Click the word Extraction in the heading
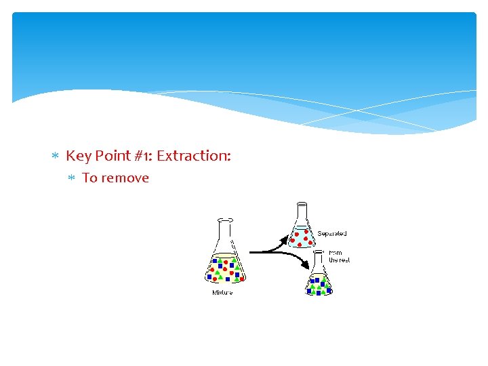click(193, 156)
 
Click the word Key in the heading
click(79, 156)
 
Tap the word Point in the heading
click(113, 156)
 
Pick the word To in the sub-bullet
click(89, 178)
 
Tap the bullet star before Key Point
click(56, 157)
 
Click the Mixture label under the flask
click(222, 293)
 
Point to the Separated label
click(332, 234)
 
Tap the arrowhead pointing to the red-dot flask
click(285, 239)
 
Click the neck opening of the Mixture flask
click(225, 220)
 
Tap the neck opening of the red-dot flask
click(302, 204)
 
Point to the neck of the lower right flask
click(319, 258)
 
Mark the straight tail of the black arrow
click(261, 252)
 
